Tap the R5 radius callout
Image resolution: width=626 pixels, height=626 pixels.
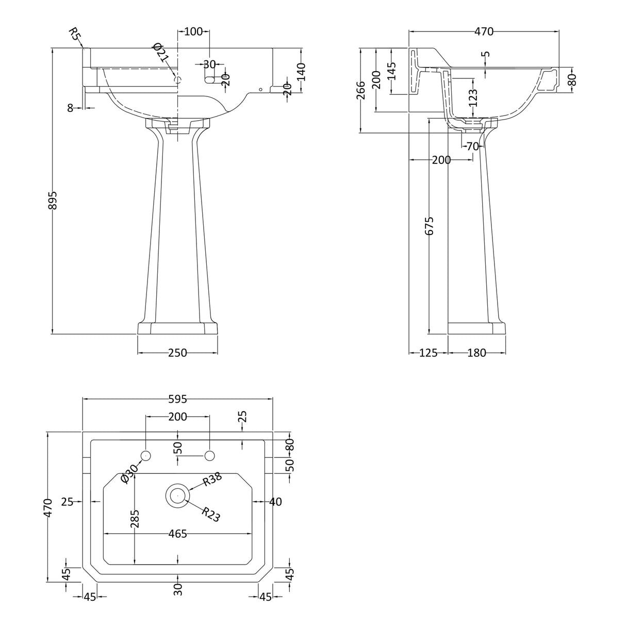point(75,34)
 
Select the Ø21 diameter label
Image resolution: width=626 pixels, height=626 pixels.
point(161,53)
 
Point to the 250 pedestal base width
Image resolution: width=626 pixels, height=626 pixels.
point(178,353)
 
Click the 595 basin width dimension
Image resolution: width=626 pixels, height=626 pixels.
point(178,399)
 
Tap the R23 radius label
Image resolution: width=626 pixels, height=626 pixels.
point(211,514)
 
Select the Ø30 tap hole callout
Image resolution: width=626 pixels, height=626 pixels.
point(129,474)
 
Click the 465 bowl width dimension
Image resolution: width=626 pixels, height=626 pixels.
point(178,533)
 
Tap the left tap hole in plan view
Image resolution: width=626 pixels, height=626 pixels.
point(145,456)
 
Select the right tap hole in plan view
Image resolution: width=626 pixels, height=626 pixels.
point(210,456)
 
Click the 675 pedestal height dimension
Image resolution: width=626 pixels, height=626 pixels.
point(429,225)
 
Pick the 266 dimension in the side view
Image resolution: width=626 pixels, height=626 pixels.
point(361,90)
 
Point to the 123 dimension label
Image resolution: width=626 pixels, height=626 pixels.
point(474,98)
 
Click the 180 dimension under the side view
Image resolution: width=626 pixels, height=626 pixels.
point(476,353)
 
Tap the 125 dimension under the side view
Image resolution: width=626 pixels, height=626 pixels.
point(429,353)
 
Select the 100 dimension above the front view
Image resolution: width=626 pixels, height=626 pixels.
point(193,31)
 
